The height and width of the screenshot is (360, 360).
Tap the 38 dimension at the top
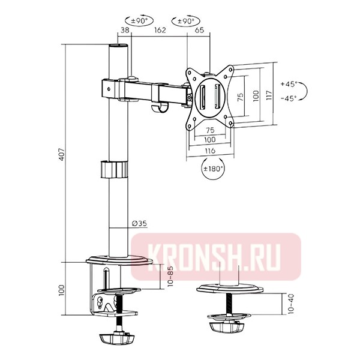pos(125,31)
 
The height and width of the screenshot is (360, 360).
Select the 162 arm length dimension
pos(159,31)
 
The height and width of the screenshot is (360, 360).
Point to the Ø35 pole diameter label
pos(139,224)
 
